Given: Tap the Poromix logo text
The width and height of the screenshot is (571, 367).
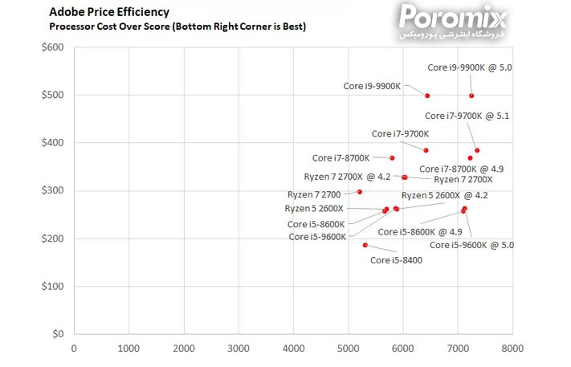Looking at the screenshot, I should click(x=455, y=15).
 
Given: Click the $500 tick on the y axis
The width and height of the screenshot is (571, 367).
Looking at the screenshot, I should click(x=53, y=95).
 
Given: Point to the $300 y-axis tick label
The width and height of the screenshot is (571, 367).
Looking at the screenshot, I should click(x=53, y=190).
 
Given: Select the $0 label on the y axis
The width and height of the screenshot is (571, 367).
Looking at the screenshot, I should click(x=58, y=334).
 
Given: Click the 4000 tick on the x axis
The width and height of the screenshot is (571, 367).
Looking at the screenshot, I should click(x=293, y=349).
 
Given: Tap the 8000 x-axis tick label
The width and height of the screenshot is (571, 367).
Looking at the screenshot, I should click(x=512, y=349).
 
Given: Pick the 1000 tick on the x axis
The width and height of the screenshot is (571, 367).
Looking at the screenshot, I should click(x=128, y=349).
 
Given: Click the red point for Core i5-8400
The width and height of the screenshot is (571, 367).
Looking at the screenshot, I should click(x=365, y=245).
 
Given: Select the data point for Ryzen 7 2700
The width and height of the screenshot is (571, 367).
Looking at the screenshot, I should click(x=360, y=192).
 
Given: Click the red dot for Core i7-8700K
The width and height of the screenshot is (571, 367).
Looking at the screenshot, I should click(x=392, y=157).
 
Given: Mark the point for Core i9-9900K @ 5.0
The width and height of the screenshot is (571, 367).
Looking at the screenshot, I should click(x=471, y=96).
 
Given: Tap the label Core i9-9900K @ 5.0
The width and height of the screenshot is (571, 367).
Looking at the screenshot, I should click(x=469, y=67).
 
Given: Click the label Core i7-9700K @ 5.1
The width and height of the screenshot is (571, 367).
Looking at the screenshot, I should click(x=467, y=116).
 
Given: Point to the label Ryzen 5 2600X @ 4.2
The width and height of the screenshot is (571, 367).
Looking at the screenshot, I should click(x=444, y=195).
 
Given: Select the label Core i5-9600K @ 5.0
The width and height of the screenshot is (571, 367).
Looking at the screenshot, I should click(x=471, y=245).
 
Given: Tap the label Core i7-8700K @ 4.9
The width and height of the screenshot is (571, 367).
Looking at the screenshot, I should click(x=461, y=169).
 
